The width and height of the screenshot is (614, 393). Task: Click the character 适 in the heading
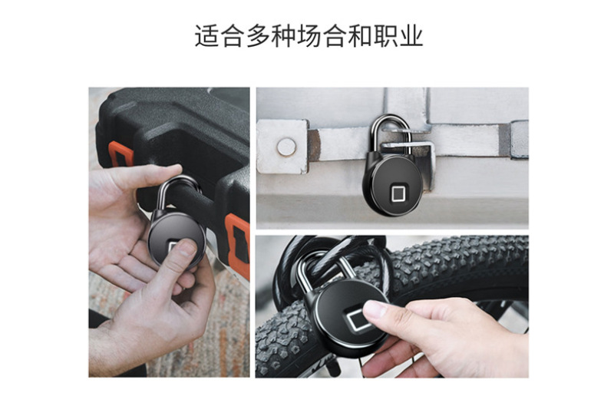(x=206, y=36)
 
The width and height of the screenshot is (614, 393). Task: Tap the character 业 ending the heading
(x=411, y=36)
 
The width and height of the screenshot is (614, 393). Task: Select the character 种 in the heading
(x=283, y=36)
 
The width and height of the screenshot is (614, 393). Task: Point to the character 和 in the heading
(x=359, y=36)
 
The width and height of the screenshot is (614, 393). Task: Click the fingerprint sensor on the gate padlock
(x=398, y=193)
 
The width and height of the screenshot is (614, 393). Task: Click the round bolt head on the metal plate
(x=286, y=147)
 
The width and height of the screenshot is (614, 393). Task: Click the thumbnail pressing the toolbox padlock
(x=187, y=248)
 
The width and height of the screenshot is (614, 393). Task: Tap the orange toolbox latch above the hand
(x=120, y=154)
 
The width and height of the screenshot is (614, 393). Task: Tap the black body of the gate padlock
(x=393, y=184)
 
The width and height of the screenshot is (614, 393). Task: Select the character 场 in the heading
(x=309, y=36)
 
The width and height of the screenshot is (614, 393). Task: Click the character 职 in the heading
(x=385, y=36)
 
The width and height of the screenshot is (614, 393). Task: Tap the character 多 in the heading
(x=258, y=36)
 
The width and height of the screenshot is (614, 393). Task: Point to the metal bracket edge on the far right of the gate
(x=520, y=140)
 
